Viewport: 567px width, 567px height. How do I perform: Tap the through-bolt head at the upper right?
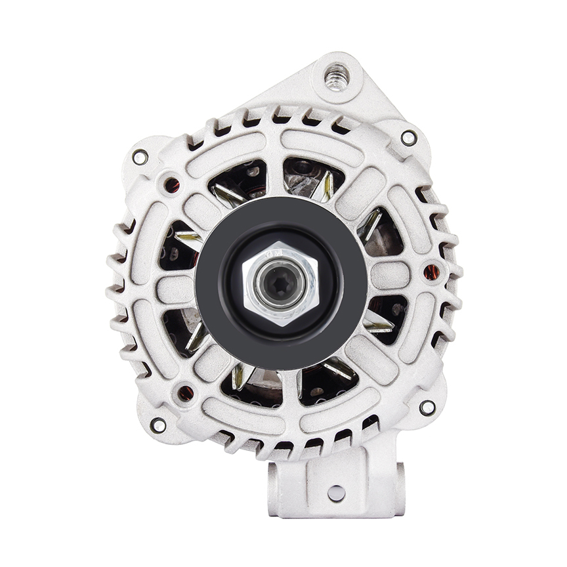(x=408, y=138)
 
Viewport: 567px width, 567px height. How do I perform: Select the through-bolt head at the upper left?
(x=140, y=157)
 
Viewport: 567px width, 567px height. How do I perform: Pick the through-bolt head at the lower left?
(x=157, y=425)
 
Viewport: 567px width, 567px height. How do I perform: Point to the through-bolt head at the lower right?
(x=427, y=408)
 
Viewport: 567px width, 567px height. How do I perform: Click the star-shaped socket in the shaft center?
(x=280, y=283)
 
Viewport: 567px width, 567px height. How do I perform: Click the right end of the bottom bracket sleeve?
(x=399, y=489)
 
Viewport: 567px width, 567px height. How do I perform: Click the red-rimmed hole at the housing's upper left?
(x=171, y=185)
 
